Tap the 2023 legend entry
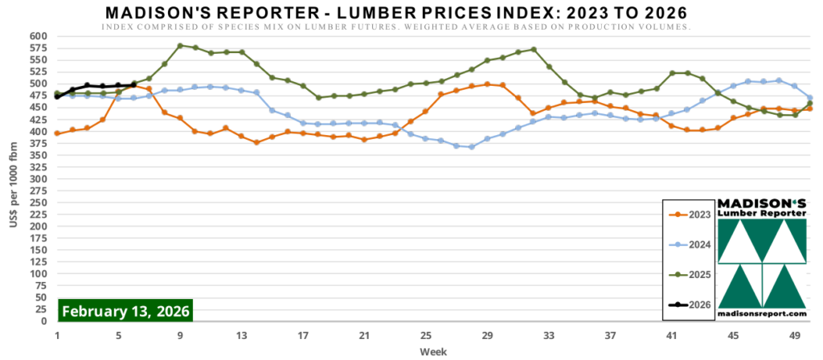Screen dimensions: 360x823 point(690,214)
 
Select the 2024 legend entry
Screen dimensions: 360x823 point(690,244)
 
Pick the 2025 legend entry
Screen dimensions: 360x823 point(690,275)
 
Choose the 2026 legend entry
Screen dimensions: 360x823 point(690,305)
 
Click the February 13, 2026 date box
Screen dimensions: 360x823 point(125,311)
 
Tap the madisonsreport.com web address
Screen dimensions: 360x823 point(762,313)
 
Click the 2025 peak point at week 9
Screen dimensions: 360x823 point(180,46)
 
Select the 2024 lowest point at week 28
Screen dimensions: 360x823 point(472,147)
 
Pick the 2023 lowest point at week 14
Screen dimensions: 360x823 point(256,142)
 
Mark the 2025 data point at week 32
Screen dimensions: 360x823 point(533,49)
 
